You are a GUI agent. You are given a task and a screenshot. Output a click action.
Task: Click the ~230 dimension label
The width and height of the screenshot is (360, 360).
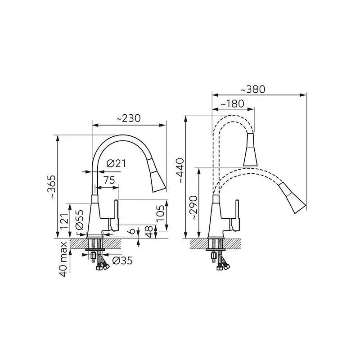pos(128,118)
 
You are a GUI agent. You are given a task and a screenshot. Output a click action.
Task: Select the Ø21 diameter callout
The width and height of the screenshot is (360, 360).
pos(117,163)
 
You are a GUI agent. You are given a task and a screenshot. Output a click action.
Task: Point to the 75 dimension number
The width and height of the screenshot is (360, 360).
pos(109,180)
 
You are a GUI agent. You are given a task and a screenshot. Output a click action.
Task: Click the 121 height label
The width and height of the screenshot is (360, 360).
pos(64,221)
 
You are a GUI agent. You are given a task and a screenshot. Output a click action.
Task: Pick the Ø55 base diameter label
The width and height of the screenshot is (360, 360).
pos(80,220)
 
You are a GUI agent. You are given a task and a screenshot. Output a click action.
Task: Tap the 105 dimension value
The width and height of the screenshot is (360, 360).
pos(160,213)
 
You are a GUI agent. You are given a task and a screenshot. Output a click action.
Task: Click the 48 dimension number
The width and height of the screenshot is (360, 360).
pos(149,232)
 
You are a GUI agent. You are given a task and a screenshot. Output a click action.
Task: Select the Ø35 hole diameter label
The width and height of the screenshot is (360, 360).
pos(122,261)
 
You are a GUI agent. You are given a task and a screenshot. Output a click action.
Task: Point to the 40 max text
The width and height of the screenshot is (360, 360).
pos(63,259)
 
